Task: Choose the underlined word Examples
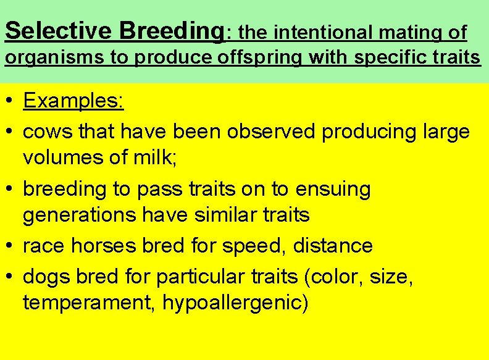[x=73, y=101]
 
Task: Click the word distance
[x=333, y=246]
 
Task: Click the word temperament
[x=89, y=304]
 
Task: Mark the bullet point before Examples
[x=9, y=101]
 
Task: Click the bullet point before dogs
[x=9, y=276]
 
